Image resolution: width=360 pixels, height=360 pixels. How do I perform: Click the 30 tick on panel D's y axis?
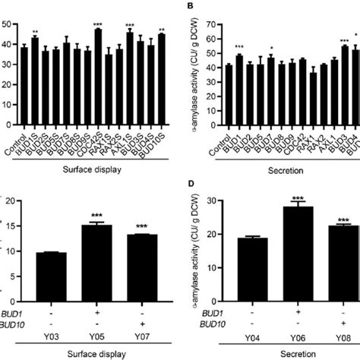click(213, 201)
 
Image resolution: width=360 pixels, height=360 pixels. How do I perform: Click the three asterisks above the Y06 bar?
click(285, 196)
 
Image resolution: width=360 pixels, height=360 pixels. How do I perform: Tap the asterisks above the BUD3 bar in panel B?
click(345, 40)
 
